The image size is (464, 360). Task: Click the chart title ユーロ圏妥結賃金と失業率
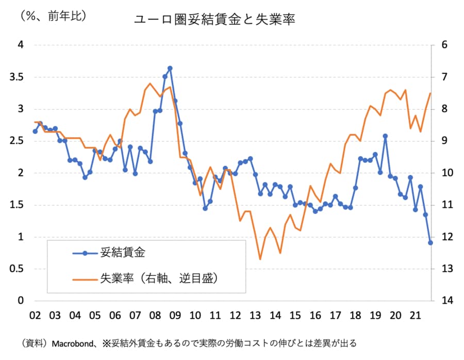point(214,20)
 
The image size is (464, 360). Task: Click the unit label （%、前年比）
point(53,16)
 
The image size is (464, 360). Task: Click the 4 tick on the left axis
point(21,45)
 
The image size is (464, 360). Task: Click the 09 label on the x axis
point(175,315)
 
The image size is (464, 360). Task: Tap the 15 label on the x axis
point(295,315)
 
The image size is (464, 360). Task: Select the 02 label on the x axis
point(35,315)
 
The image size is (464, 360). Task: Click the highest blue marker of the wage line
point(170,68)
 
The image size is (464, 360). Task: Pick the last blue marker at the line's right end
point(430,242)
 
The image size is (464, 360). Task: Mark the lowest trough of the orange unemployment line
point(260,259)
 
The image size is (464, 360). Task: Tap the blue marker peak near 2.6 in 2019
point(385,136)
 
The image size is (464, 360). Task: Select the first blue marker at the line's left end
point(35,131)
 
